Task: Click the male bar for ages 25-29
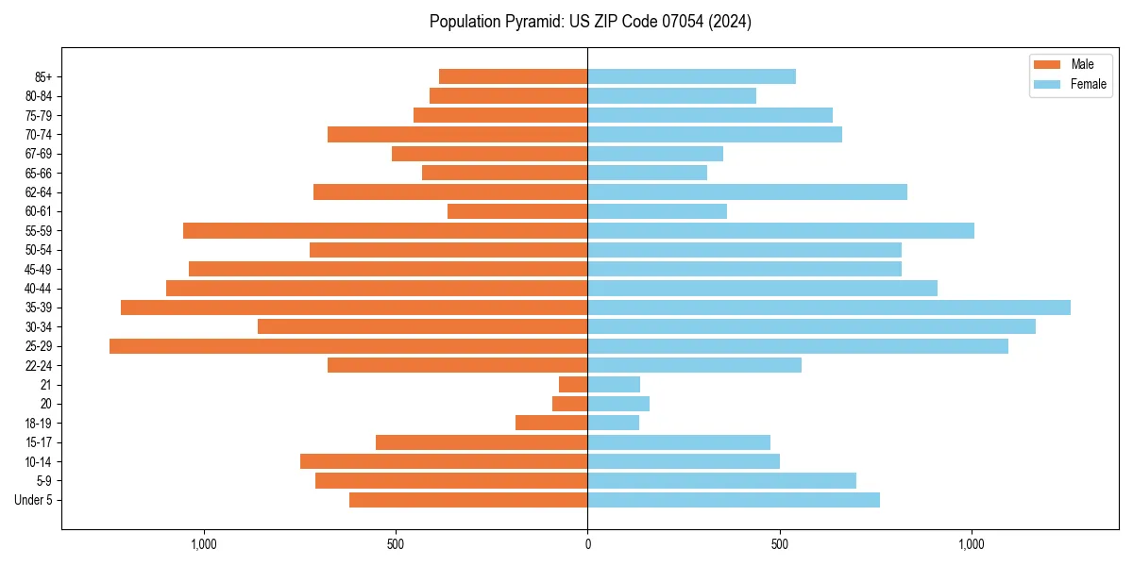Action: tap(348, 346)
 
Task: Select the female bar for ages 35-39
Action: tap(829, 308)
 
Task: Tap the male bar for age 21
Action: tap(573, 385)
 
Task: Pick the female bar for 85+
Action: tap(691, 76)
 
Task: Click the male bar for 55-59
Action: tap(385, 230)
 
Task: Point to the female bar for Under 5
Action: tap(734, 500)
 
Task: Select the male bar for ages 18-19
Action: tap(551, 423)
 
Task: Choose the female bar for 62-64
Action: tap(747, 192)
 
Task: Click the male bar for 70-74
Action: tap(457, 134)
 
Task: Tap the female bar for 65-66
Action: tap(647, 173)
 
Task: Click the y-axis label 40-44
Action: tap(38, 289)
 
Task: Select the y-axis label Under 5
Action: tap(33, 500)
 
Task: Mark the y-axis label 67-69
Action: tap(38, 154)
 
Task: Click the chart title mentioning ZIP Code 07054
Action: tap(590, 22)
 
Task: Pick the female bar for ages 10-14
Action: tap(684, 461)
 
